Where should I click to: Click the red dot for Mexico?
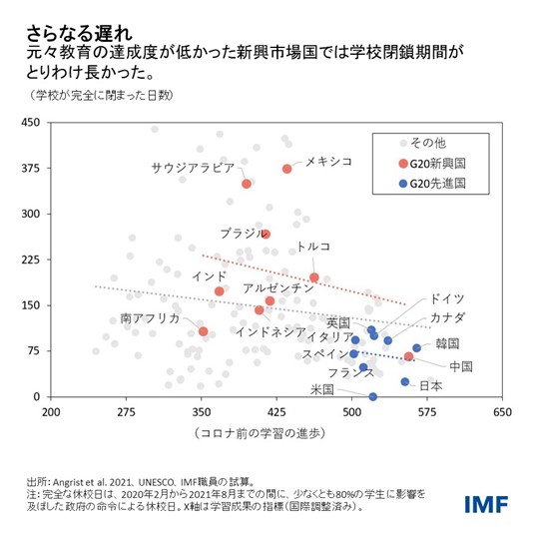286,169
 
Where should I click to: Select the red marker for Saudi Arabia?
247,184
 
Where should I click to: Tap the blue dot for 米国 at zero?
373,396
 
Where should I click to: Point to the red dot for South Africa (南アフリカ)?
203,331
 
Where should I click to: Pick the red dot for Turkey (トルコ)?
314,277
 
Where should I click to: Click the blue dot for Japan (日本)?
405,381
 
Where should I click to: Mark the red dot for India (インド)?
220,291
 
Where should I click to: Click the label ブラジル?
243,233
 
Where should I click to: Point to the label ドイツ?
445,298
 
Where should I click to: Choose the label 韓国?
448,343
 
